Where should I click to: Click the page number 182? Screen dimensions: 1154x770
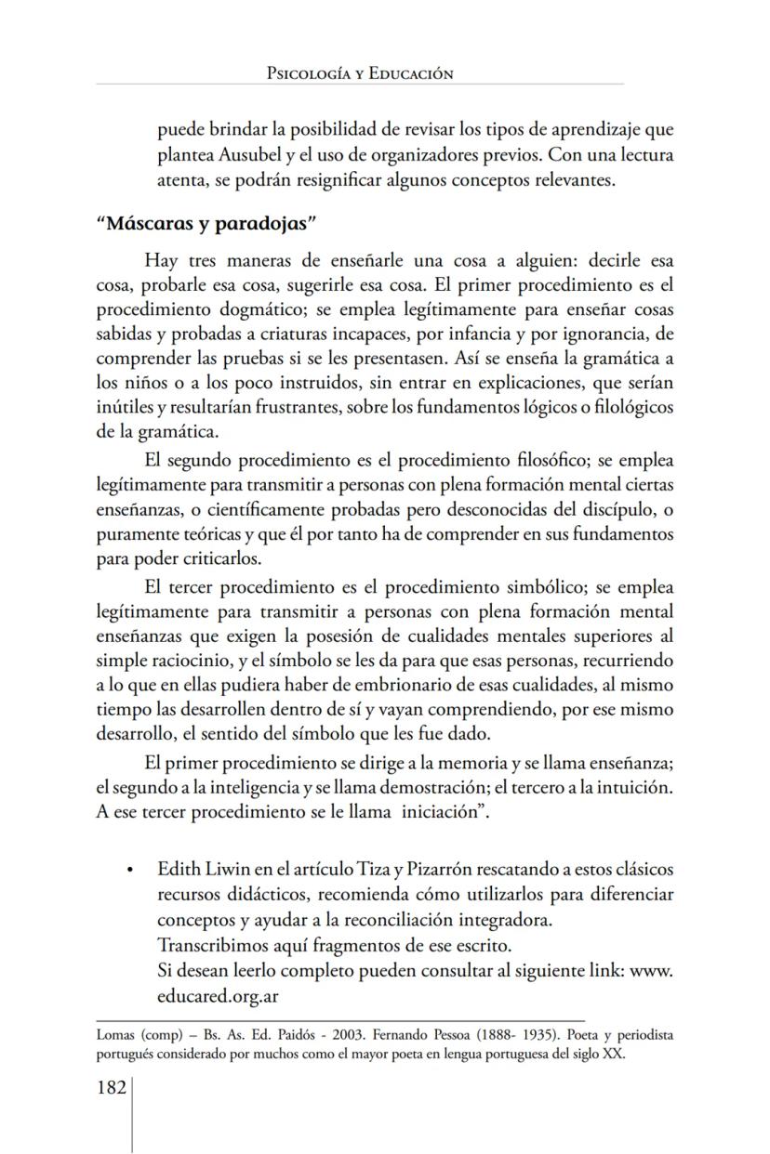(112, 1087)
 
